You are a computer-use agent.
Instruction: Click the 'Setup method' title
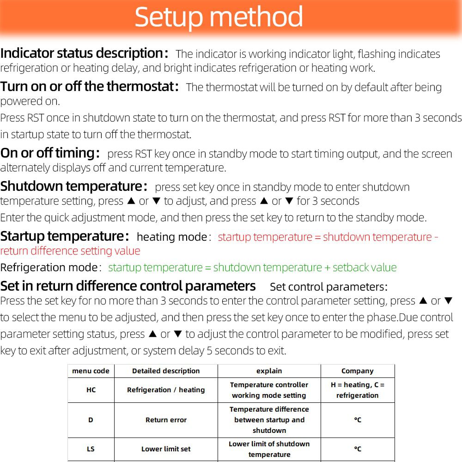219,18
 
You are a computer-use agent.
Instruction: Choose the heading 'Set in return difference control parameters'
128,286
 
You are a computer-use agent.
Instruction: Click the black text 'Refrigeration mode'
49,267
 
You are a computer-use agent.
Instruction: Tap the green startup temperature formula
252,267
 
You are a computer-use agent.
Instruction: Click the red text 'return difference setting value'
70,251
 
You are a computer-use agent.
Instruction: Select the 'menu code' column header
91,371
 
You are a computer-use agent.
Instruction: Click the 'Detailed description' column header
166,371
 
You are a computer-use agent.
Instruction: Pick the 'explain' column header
269,371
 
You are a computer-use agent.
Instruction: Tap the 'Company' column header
357,371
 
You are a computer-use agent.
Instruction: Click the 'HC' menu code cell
91,390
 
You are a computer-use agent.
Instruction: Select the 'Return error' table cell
166,420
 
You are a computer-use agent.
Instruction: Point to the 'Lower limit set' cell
166,449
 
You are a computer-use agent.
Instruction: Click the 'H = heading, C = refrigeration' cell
357,390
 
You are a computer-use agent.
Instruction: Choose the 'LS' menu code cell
91,449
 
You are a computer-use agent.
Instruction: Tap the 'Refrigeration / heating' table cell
166,390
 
